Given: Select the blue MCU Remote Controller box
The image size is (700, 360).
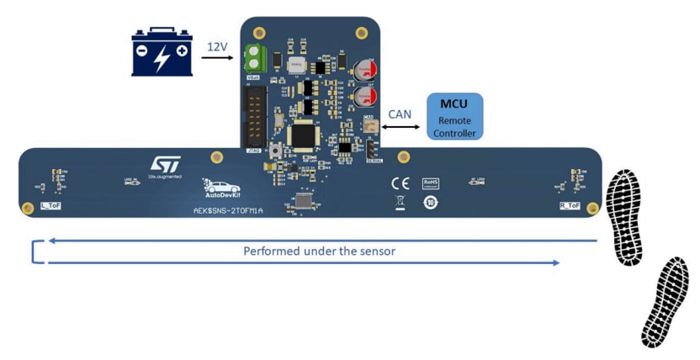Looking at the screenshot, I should pos(455,116).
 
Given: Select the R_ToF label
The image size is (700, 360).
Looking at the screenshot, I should pos(570,205).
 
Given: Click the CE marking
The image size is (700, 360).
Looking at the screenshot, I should pos(400,183).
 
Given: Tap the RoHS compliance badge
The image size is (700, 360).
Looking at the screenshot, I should pos(432,182).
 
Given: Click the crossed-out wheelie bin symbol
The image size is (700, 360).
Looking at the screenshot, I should pos(400,202).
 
